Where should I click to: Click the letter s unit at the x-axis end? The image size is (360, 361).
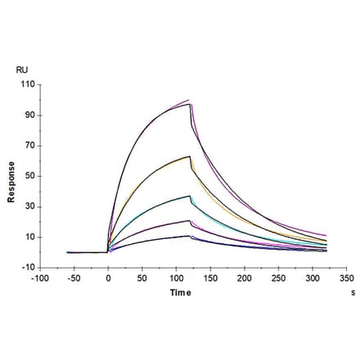click(x=353, y=291)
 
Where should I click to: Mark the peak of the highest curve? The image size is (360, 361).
click(x=189, y=101)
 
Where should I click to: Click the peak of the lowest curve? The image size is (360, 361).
click(x=190, y=236)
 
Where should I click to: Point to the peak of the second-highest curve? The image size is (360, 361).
click(x=190, y=156)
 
